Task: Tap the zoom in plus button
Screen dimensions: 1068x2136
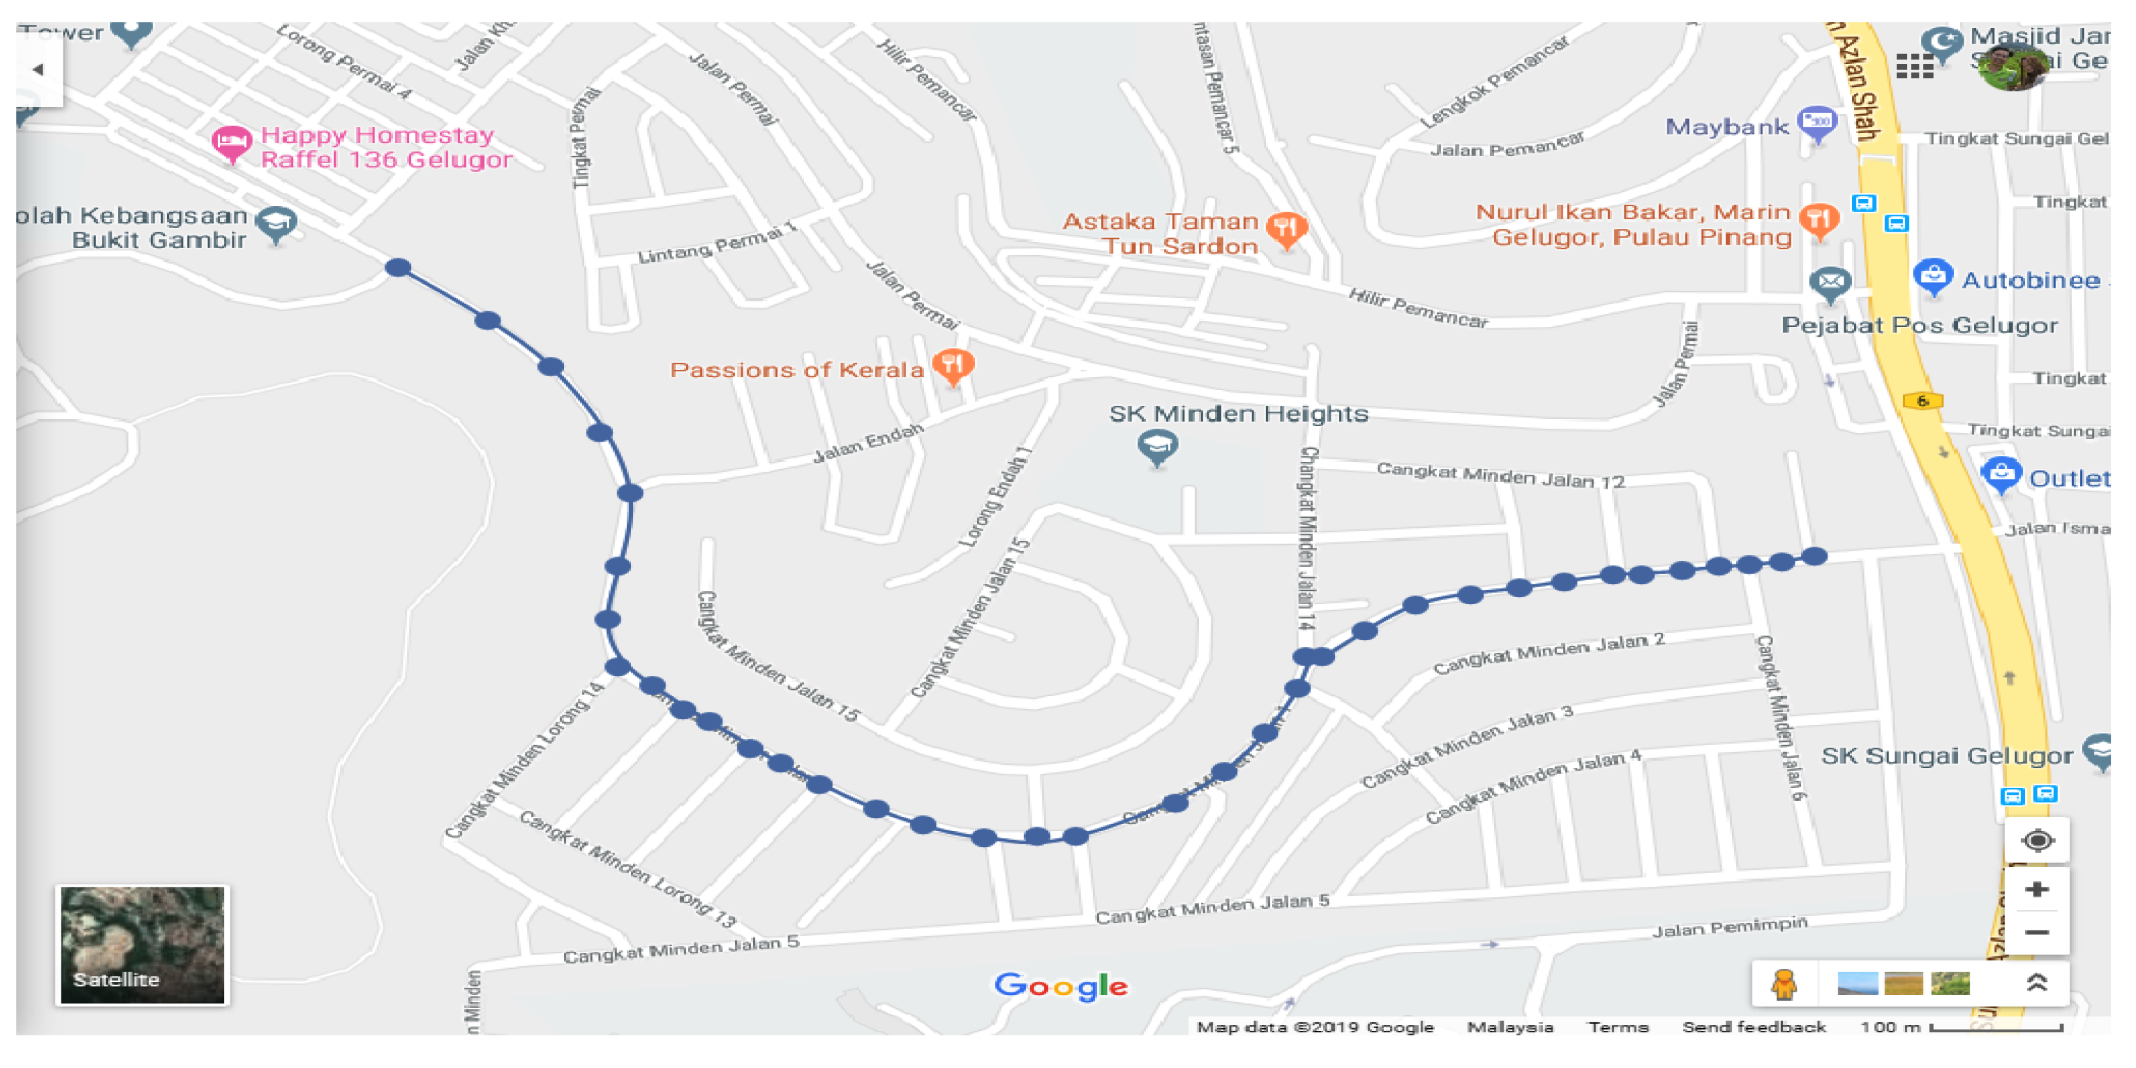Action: coord(2037,890)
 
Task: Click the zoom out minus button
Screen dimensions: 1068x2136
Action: coord(2037,933)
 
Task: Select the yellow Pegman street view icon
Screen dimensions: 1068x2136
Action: coord(1784,984)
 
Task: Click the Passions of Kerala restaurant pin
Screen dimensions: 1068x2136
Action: coord(953,365)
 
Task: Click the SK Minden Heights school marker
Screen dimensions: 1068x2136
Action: coord(1158,447)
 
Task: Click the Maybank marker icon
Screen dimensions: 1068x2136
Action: coord(1817,123)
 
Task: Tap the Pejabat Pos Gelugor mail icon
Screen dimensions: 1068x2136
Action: coord(1830,284)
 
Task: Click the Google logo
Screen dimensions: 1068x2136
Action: coord(1060,986)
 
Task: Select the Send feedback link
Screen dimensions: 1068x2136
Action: coord(1754,1026)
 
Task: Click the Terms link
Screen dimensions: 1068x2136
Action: coord(1618,1026)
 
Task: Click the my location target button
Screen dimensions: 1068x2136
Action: coord(2037,841)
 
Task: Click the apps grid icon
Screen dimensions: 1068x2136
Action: coord(1915,67)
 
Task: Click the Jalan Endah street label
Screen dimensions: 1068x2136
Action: coord(867,443)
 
